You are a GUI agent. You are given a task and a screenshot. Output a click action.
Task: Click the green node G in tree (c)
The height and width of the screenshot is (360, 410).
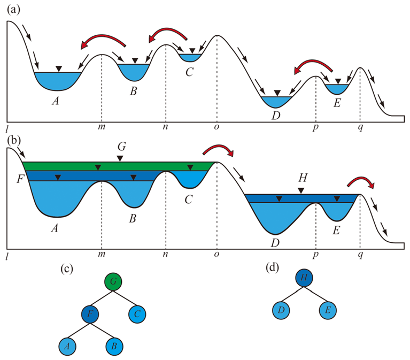point(113,281)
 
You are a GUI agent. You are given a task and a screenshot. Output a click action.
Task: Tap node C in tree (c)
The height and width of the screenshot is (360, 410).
point(137,313)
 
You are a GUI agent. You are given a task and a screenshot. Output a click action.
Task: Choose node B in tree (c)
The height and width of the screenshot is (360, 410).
point(113,346)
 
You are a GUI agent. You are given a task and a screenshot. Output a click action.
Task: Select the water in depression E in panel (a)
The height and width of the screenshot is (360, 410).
point(337,88)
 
